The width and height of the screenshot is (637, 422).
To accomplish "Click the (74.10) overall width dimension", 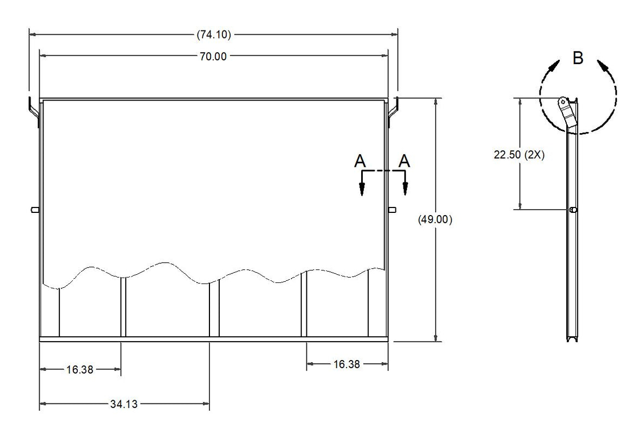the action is (x=214, y=35).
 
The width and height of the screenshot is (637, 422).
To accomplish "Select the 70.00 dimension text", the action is (x=213, y=56).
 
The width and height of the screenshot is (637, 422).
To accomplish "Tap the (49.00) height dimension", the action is (x=435, y=219).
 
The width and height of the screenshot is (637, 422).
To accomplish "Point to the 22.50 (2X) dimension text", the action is (x=519, y=155).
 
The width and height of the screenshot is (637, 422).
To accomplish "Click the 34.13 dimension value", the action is (x=124, y=404).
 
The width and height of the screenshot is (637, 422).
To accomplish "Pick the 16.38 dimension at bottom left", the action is (x=80, y=370).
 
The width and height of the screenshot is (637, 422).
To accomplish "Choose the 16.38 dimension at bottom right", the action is (x=347, y=364).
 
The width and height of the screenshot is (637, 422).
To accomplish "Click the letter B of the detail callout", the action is (x=578, y=58).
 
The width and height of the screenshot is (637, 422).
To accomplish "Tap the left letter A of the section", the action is (x=360, y=161).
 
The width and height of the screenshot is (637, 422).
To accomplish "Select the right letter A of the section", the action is (x=404, y=161).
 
